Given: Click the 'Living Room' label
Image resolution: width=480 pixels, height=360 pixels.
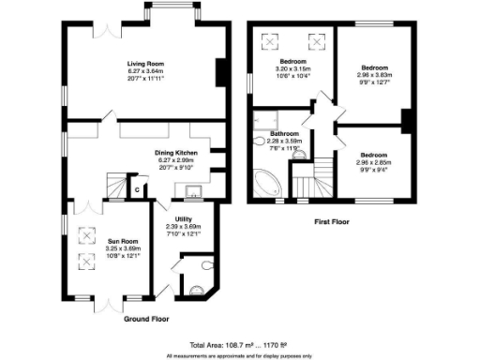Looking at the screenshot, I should click(145, 63).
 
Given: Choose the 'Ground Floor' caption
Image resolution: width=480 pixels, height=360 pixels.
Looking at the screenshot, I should click(147, 319).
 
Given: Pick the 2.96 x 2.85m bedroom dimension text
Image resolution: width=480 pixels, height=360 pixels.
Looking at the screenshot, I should click(372, 161).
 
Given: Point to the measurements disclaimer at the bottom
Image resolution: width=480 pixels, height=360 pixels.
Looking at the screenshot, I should click(240, 355).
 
